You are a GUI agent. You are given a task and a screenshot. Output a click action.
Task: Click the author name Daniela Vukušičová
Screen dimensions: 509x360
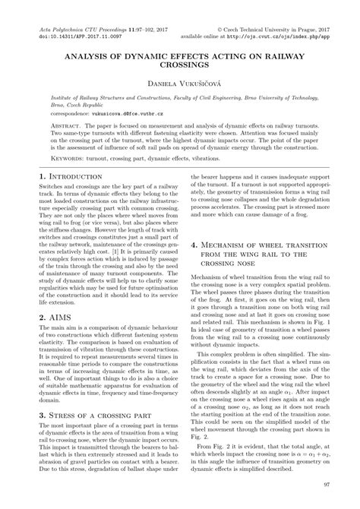[180, 81]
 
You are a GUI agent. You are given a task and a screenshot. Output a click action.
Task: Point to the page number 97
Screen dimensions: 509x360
[326, 484]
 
